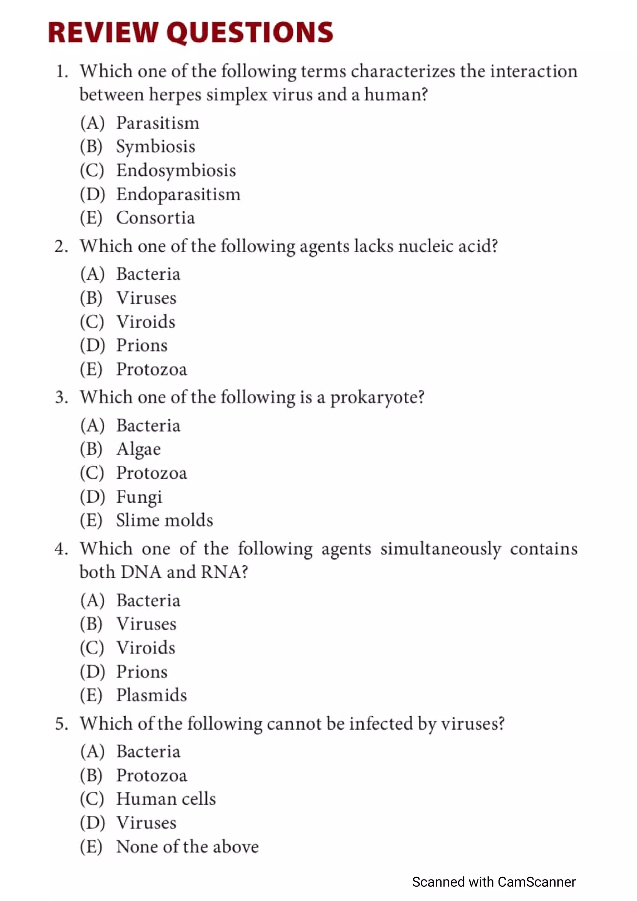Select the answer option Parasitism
[x=158, y=123]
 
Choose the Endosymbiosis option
[x=176, y=171]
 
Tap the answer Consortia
[x=156, y=218]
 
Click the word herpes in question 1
[x=175, y=95]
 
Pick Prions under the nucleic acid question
[x=142, y=346]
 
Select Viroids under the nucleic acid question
[x=146, y=322]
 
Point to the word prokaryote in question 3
[x=377, y=398]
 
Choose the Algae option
[x=138, y=449]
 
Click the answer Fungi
[x=139, y=497]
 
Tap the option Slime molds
[x=165, y=521]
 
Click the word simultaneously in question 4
[x=440, y=549]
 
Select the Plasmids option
[x=151, y=695]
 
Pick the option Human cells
[x=166, y=799]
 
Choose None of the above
[x=188, y=847]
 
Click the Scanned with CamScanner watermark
[x=494, y=882]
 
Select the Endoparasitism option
[x=178, y=195]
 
